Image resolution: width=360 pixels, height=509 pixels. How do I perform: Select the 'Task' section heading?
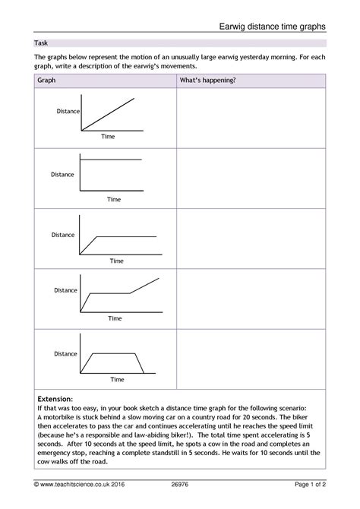point(42,43)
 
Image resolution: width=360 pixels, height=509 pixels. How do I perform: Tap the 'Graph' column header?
point(47,80)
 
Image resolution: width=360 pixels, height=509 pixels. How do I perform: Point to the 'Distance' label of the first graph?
point(68,112)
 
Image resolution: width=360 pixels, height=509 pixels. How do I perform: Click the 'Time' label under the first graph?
point(108,138)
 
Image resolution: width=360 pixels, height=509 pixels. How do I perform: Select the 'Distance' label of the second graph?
point(62,175)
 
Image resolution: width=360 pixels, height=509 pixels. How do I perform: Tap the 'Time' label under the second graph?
point(114,200)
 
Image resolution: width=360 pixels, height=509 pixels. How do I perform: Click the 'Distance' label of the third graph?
point(63,236)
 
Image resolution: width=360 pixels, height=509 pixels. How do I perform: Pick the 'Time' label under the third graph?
point(116,261)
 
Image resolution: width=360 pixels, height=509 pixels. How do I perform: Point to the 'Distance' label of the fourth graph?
point(65,290)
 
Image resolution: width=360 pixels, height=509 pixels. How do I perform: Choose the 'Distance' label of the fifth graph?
point(65,354)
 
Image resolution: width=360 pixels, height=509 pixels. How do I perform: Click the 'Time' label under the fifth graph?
point(117,379)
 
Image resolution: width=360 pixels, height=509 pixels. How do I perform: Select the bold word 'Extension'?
point(54,398)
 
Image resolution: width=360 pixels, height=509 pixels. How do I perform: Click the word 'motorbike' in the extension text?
point(60,417)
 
